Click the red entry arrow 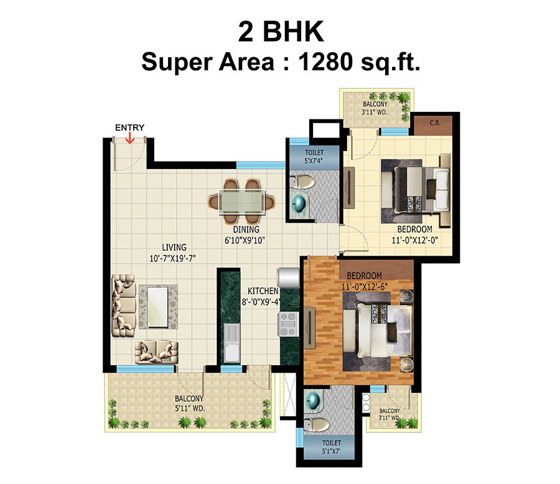[129, 138]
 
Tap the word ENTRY [129, 128]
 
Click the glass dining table [242, 202]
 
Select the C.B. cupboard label [434, 123]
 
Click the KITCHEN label [263, 291]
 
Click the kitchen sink [231, 343]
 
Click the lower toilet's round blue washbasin [315, 400]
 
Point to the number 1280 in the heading [325, 63]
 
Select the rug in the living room [158, 306]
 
